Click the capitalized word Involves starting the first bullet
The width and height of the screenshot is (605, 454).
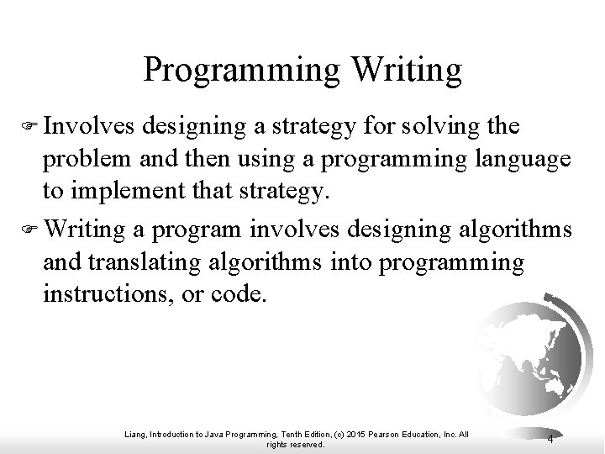coord(91,127)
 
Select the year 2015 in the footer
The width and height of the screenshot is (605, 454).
coord(351,433)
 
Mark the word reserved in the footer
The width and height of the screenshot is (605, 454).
coord(305,444)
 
